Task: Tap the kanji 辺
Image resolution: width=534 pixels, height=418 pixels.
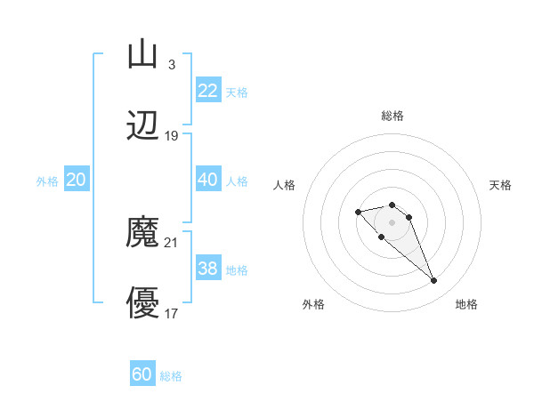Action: coord(142,127)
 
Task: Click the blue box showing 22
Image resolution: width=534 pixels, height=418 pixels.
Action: coord(207,91)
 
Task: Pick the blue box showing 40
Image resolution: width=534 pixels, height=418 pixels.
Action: coord(207,180)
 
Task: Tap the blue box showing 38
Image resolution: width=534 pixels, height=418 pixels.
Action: coord(207,269)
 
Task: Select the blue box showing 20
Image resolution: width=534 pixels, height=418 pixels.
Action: coord(76,180)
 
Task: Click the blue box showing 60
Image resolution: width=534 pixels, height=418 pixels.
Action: coord(142,374)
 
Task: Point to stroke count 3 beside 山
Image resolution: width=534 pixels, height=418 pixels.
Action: coord(171,65)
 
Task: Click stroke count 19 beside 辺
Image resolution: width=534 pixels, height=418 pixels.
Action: coord(171,136)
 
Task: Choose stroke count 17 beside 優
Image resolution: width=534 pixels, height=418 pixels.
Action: coord(171,314)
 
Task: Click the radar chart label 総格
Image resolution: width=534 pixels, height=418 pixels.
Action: coord(392,116)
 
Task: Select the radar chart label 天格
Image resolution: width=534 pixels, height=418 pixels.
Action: coord(500,185)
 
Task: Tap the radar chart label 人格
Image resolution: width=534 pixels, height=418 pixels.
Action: coord(285,185)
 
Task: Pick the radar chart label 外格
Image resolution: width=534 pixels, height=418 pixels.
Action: coord(313,305)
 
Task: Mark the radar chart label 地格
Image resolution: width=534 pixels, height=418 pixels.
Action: coord(466,305)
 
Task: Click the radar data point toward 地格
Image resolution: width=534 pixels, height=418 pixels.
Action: coord(433,281)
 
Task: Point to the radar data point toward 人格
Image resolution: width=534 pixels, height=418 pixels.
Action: coord(358,212)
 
